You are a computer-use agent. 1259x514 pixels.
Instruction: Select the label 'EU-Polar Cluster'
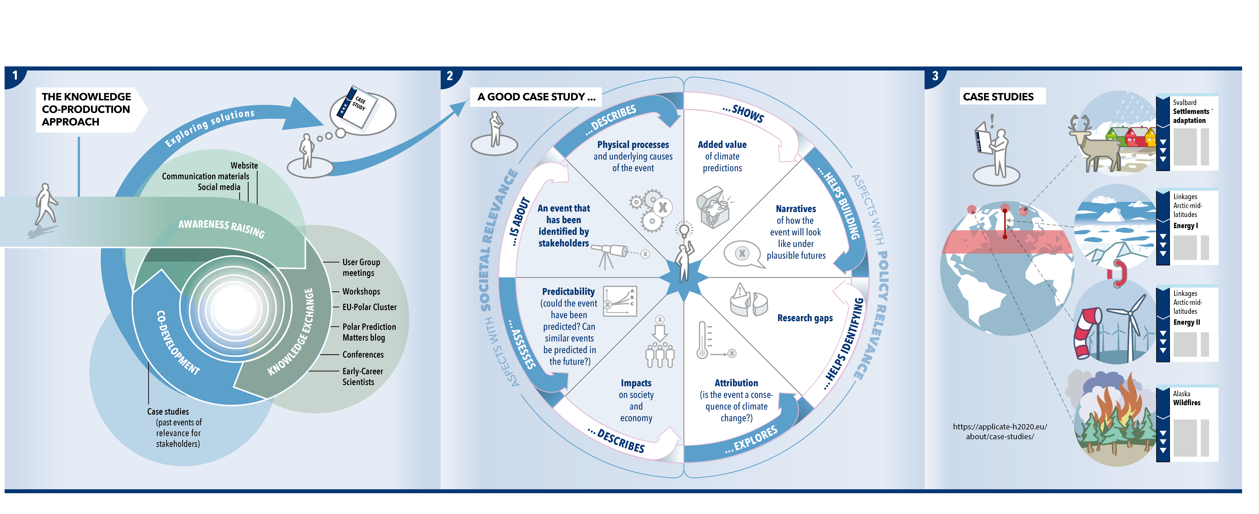click(x=369, y=307)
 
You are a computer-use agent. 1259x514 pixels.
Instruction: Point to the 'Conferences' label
click(x=363, y=354)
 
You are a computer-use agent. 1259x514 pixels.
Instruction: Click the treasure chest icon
click(x=713, y=207)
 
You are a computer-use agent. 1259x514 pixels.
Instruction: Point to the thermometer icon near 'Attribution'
click(x=703, y=340)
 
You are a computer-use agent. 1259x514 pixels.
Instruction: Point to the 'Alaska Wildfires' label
click(x=1187, y=398)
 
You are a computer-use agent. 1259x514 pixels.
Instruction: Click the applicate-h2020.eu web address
click(x=1000, y=431)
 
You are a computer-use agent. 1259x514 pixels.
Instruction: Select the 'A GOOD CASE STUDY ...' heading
click(x=536, y=97)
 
